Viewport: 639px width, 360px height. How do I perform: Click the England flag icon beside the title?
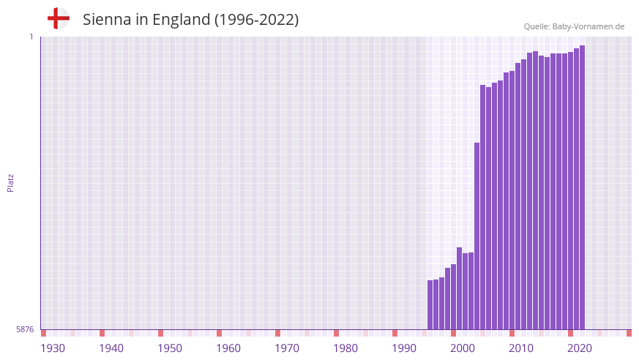tap(58, 19)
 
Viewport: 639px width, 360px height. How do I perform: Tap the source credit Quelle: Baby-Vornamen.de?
tap(574, 26)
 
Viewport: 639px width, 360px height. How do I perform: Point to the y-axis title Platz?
tap(10, 182)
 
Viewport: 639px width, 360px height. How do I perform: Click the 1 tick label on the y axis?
tap(31, 37)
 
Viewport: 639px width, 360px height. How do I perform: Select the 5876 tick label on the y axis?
tap(25, 330)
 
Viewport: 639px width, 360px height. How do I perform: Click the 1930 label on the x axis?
tap(53, 348)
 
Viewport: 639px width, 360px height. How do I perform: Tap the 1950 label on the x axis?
tap(170, 348)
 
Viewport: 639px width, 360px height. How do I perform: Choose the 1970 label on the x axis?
tap(287, 348)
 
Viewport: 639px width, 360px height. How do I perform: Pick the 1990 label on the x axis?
tap(404, 348)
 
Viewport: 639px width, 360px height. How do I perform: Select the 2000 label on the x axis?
tap(463, 348)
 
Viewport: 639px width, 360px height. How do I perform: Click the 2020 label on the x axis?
tap(580, 348)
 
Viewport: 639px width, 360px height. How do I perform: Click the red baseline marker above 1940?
tap(102, 333)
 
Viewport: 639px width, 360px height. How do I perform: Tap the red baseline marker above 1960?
tap(220, 333)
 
